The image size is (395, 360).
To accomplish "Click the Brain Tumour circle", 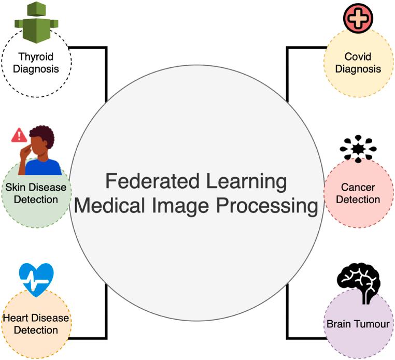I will [x=358, y=324].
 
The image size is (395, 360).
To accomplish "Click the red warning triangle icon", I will [x=19, y=135].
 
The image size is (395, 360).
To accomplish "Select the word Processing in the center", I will [x=266, y=206].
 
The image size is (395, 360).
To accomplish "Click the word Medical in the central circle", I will [x=108, y=206].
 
